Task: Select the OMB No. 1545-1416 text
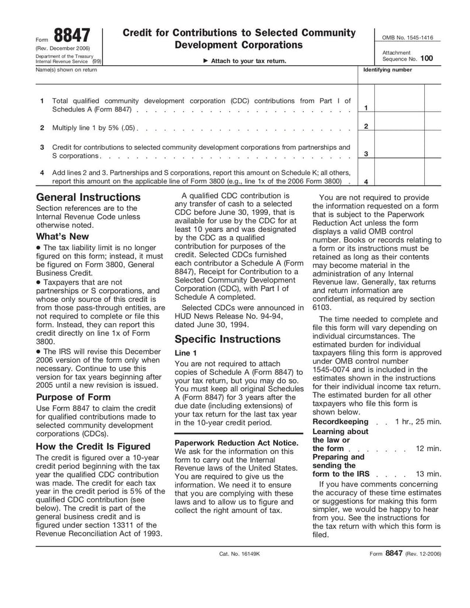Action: (407, 38)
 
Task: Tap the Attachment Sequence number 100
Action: (427, 59)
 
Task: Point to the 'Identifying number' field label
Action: (388, 70)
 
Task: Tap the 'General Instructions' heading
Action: (88, 197)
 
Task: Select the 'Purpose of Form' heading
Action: (73, 397)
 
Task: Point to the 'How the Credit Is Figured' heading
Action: (93, 446)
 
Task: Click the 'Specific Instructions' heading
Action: (228, 339)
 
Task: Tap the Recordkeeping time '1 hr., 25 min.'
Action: (418, 422)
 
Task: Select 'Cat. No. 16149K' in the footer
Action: (239, 554)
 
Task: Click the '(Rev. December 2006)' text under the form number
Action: (63, 48)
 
